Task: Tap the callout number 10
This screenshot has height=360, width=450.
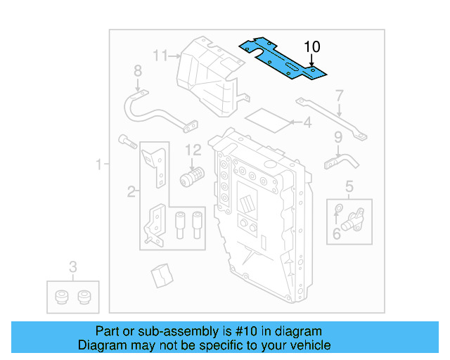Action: (x=312, y=47)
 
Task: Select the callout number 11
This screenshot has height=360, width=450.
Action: (x=161, y=55)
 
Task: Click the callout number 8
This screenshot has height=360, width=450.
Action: (x=137, y=70)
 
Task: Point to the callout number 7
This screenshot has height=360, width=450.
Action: (x=339, y=95)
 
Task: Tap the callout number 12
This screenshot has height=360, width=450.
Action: (x=193, y=150)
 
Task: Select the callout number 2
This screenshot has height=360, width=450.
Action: (x=131, y=191)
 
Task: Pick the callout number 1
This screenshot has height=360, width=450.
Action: (x=99, y=165)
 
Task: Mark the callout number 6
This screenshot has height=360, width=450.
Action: (x=337, y=233)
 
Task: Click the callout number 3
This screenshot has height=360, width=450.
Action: (x=72, y=266)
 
